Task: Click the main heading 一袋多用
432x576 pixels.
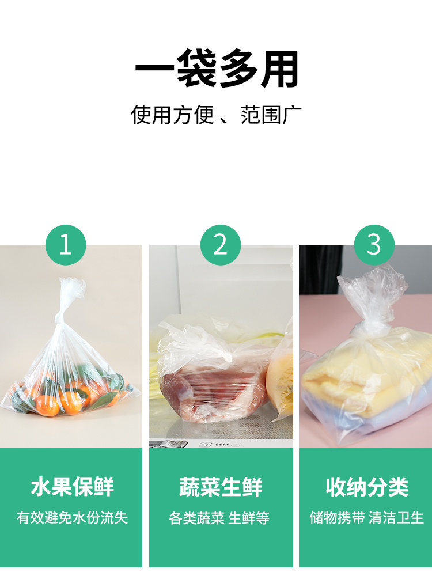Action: tap(217, 69)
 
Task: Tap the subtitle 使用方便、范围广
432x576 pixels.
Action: tap(216, 115)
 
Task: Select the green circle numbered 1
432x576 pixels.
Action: tap(66, 245)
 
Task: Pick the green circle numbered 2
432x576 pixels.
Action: tap(221, 245)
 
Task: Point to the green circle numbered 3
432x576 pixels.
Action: tap(374, 245)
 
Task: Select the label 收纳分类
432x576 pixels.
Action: tap(367, 487)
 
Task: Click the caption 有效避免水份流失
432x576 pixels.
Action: tap(72, 518)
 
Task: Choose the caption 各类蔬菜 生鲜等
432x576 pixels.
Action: tap(219, 518)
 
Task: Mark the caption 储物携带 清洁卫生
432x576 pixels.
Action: tap(366, 518)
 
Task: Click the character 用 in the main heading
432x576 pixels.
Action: tap(280, 69)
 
